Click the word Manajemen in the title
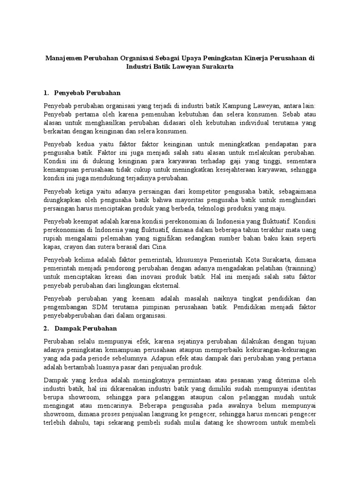coord(63,59)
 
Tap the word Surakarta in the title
coord(217,67)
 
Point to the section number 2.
coord(46,328)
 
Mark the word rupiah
coord(53,238)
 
